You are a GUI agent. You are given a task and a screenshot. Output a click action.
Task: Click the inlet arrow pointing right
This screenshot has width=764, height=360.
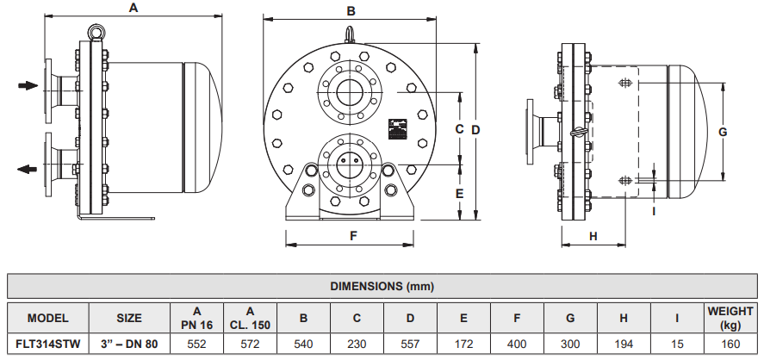tap(28, 85)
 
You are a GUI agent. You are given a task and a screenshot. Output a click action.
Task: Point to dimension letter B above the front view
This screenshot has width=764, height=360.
tap(351, 11)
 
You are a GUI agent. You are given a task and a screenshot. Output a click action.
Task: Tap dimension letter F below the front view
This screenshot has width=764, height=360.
tap(353, 235)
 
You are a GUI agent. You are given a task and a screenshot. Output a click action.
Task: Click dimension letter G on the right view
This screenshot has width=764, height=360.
tap(724, 132)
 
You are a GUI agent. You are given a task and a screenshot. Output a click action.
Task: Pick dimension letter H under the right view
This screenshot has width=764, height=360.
tap(593, 235)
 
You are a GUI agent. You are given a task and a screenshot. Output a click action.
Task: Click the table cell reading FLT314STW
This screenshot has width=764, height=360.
tap(48, 343)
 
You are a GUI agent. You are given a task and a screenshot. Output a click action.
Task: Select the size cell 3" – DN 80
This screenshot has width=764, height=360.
tap(129, 343)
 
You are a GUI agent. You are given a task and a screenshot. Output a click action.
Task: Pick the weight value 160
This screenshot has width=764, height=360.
tap(730, 343)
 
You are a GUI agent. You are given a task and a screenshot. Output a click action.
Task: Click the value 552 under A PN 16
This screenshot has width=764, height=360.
tap(197, 343)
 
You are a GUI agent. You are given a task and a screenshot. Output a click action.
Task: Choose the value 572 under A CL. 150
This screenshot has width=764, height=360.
tap(250, 343)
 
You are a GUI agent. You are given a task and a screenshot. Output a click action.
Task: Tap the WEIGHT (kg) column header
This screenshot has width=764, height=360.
tap(730, 317)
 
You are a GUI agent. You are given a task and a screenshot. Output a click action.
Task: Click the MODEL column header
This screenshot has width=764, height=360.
tap(48, 318)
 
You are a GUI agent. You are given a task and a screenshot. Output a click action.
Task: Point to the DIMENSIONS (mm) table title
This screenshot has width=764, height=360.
tap(382, 285)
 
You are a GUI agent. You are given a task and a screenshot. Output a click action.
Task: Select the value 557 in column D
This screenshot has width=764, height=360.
tap(410, 343)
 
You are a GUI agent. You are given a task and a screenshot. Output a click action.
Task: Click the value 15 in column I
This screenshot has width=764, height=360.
tap(677, 343)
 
